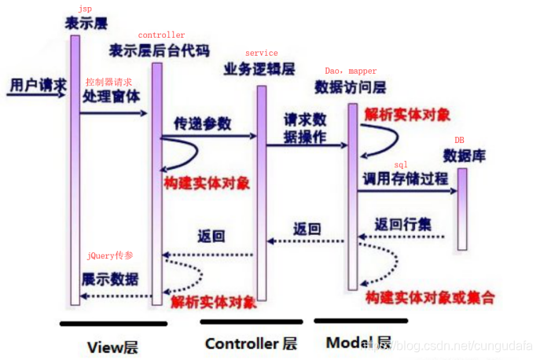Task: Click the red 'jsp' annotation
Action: coord(85,8)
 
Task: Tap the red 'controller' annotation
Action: coord(161,35)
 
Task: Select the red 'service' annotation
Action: coord(262,53)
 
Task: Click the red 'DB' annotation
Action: coord(459,140)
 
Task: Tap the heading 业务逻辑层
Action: coord(259,68)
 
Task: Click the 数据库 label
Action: coord(464,155)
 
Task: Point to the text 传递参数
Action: coord(203,123)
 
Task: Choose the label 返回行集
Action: coord(403,224)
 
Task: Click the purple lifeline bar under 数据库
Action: coord(461,208)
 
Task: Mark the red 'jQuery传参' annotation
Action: coord(111,257)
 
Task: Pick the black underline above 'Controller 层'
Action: coord(251,321)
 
